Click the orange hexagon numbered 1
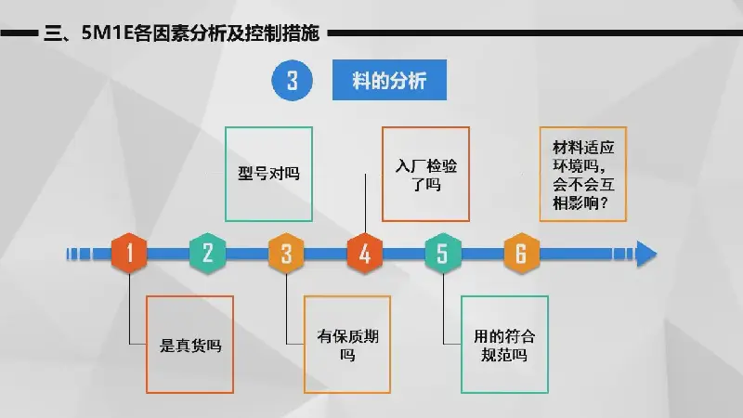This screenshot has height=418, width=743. (129, 253)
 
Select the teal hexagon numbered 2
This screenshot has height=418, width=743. (207, 253)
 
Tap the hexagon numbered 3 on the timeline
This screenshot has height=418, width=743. (286, 253)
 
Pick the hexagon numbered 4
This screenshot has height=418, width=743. (365, 253)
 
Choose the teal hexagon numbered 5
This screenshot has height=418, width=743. (443, 253)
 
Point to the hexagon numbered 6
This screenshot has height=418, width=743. (521, 253)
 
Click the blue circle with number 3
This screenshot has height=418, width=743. (292, 80)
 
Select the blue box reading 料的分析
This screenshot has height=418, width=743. (389, 80)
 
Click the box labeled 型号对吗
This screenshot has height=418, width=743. (268, 174)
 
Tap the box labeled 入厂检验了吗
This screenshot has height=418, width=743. (425, 174)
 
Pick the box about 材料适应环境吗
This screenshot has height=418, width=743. (583, 174)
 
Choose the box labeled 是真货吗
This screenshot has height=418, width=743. (190, 345)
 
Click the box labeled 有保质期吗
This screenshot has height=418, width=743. (347, 345)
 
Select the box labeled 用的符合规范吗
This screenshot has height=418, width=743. (504, 345)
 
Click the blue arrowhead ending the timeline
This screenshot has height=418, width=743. (646, 254)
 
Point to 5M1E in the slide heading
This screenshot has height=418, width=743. (108, 33)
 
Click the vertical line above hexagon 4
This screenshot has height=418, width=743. (365, 203)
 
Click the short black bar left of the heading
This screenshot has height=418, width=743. (19, 33)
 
